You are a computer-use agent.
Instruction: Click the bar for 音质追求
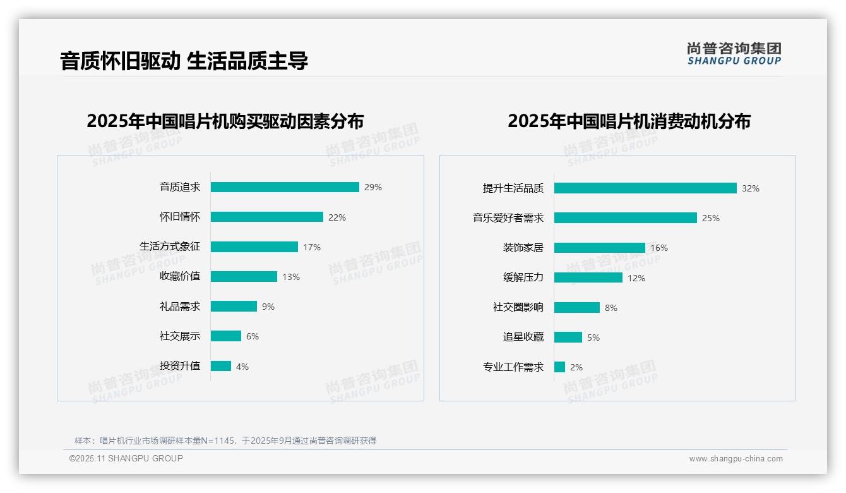pos(285,187)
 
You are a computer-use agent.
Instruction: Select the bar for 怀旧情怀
pos(266,217)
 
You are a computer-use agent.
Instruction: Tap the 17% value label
pos(312,247)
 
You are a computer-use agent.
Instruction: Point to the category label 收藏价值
pos(180,276)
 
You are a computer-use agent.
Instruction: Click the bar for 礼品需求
pos(234,307)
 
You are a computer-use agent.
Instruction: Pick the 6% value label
pos(253,336)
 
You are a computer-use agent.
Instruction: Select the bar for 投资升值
pos(221,366)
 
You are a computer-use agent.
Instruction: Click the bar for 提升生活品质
pos(645,188)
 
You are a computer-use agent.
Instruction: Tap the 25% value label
pos(711,218)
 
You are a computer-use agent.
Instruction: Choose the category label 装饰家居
pos(523,248)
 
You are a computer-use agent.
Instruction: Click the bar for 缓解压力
pos(588,277)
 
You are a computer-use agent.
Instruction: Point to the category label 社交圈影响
pos(518,307)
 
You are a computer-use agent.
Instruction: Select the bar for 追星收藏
pos(568,338)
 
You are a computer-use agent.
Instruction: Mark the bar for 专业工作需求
pos(560,367)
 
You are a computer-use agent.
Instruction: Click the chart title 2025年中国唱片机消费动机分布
pos(629,121)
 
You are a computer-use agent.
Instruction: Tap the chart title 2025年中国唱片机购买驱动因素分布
pos(225,121)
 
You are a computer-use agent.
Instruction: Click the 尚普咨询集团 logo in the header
pos(734,53)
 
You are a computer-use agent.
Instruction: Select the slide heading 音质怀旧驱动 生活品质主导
pos(184,61)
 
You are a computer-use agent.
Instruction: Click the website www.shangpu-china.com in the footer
pos(736,459)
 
